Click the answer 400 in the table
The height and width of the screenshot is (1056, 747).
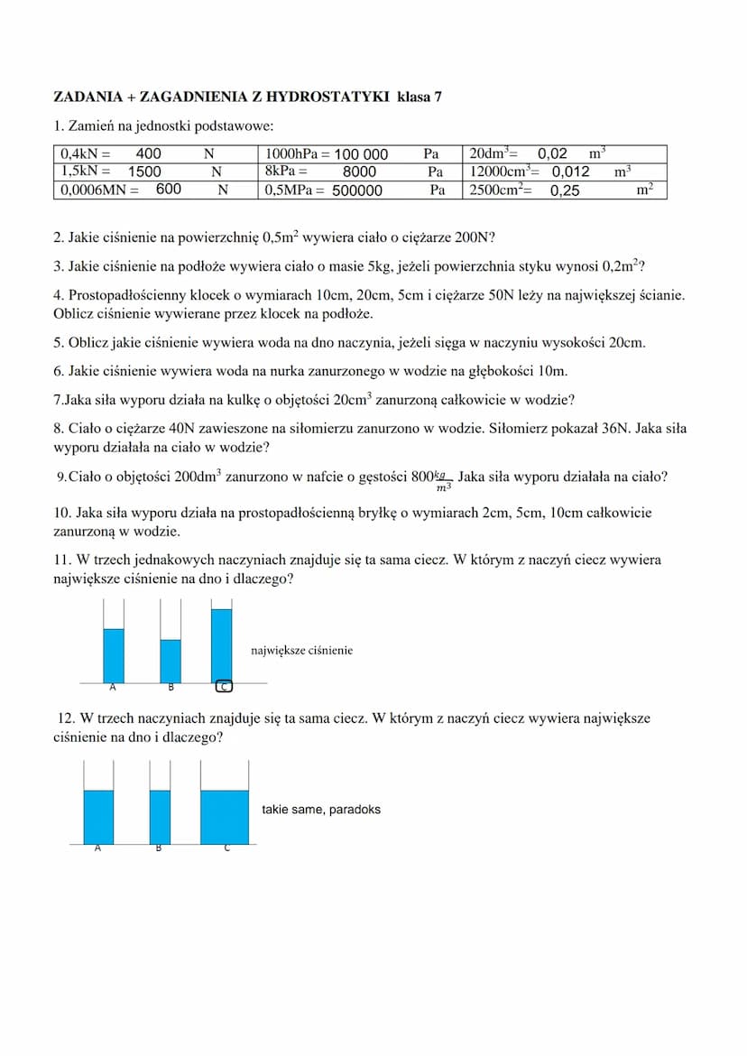coord(148,154)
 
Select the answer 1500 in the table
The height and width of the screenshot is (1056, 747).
coord(144,171)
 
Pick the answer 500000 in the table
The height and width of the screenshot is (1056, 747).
coord(357,190)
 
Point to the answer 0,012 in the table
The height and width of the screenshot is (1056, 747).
coord(570,171)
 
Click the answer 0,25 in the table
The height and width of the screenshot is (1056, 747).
coord(565,190)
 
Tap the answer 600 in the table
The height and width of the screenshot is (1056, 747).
coord(169,190)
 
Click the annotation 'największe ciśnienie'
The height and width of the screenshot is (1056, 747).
coord(301,650)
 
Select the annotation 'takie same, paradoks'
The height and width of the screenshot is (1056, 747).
coord(321,810)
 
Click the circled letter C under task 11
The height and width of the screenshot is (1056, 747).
coord(225,687)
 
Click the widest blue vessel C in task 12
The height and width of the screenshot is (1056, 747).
coord(225,817)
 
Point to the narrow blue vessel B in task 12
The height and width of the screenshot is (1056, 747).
coord(160,817)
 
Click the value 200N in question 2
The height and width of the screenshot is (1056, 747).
coord(474,239)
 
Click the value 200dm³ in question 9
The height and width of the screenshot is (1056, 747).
coord(198,477)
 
